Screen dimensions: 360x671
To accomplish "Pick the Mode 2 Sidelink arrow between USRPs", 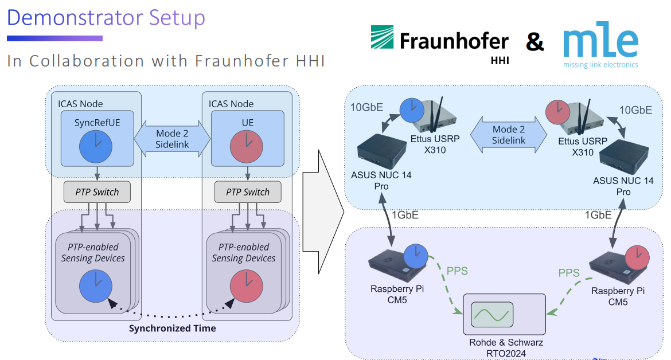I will (509, 135).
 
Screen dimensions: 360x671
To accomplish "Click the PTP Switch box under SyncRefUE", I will (97, 192).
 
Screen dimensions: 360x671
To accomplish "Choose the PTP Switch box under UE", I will (248, 192).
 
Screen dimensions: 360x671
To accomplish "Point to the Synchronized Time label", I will (172, 328).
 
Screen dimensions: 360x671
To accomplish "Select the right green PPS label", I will (569, 273).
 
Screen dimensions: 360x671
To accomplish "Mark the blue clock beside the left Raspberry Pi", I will (415, 256).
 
